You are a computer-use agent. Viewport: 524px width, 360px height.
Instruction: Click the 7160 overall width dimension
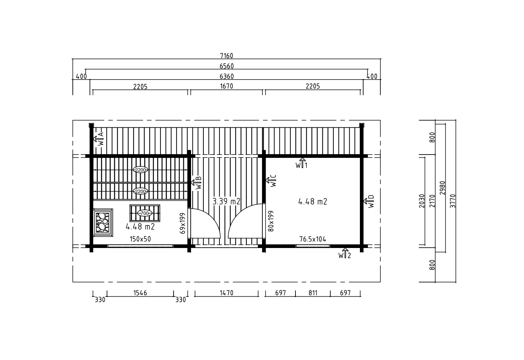click(226, 56)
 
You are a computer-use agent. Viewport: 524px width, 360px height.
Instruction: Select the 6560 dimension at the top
click(226, 66)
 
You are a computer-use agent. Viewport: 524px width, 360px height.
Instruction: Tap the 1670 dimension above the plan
click(226, 86)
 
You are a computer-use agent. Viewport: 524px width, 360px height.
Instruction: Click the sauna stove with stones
click(103, 223)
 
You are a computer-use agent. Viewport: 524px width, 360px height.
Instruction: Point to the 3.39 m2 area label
click(226, 201)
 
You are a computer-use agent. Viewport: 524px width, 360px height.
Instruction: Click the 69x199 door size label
click(182, 223)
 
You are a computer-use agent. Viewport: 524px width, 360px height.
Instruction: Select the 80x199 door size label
click(271, 221)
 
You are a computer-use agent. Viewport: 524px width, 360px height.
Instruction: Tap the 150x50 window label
click(140, 239)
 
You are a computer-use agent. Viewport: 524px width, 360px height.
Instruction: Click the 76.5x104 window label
click(313, 239)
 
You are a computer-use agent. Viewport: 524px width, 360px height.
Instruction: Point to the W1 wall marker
click(302, 163)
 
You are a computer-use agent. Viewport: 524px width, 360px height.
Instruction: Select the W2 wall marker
click(345, 253)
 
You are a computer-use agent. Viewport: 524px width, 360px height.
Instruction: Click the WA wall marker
click(98, 139)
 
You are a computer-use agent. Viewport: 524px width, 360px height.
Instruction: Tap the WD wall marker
click(369, 201)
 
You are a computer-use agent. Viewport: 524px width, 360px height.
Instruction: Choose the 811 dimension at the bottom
click(313, 293)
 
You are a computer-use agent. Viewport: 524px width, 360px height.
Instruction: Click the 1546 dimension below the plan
click(140, 293)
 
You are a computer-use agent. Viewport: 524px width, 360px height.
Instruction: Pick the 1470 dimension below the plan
click(226, 293)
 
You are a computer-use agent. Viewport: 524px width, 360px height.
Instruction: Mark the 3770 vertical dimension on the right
click(453, 201)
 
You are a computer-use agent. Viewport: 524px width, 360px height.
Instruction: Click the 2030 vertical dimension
click(422, 201)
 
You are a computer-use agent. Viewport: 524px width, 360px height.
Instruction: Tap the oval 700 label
click(144, 213)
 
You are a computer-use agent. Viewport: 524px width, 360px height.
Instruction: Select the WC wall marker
click(271, 181)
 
